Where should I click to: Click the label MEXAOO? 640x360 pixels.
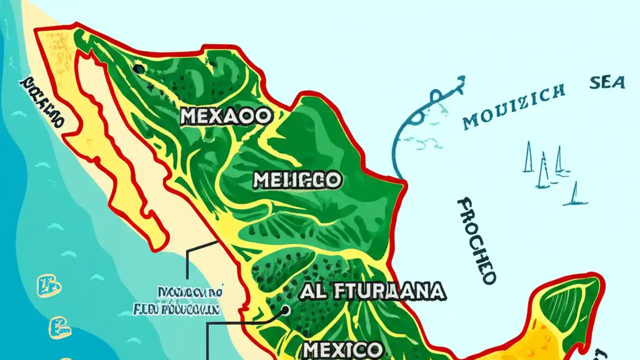pyautogui.click(x=226, y=116)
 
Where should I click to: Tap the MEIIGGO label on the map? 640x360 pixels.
pyautogui.click(x=297, y=180)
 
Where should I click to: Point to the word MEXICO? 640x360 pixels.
pyautogui.click(x=343, y=349)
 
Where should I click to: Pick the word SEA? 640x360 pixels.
pyautogui.click(x=607, y=82)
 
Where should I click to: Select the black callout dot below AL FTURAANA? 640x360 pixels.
pyautogui.click(x=285, y=310)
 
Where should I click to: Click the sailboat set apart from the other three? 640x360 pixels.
pyautogui.click(x=575, y=195)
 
